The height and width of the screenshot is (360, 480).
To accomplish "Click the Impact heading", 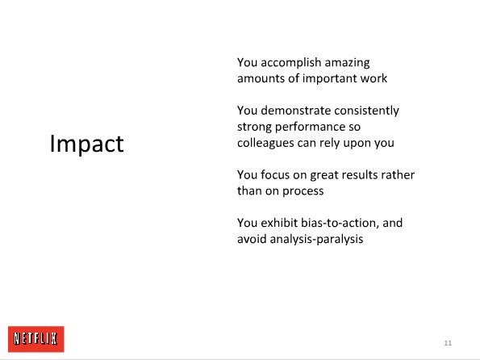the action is [x=86, y=144].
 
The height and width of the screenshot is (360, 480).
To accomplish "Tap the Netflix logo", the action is [x=36, y=339].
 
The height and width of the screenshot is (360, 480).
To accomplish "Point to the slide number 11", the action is [x=448, y=343].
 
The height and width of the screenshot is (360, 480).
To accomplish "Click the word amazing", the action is [x=347, y=63].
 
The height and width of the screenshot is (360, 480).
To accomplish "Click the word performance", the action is [x=310, y=128].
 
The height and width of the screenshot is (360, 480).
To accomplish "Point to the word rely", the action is [x=329, y=143].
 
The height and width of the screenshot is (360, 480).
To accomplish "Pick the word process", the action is [x=303, y=191].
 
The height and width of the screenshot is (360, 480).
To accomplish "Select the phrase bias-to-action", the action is [x=340, y=223].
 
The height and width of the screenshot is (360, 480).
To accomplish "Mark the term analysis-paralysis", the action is [x=316, y=239].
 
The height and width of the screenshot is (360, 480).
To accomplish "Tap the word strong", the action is [x=254, y=128].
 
